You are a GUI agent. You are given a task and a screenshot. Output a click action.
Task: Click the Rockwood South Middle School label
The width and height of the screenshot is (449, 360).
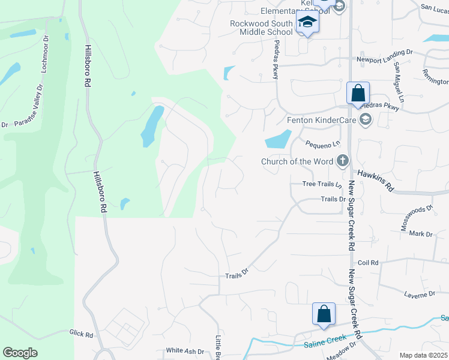[x=262, y=28]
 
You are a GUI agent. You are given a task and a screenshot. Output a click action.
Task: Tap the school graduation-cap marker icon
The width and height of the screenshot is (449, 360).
[x=307, y=23]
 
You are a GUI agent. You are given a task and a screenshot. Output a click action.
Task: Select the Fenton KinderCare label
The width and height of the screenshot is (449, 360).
[x=321, y=120]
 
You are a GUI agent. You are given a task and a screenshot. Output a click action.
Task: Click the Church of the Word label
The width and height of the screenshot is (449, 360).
[x=297, y=161]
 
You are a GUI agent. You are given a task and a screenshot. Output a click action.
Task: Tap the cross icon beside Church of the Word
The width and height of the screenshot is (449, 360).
[x=342, y=160]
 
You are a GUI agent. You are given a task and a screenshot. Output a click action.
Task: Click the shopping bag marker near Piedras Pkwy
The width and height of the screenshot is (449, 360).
[x=358, y=94]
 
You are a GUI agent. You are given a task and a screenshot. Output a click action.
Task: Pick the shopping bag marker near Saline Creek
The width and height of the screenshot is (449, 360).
[x=324, y=314]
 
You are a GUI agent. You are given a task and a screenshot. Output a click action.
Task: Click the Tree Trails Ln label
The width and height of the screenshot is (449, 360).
[x=322, y=184]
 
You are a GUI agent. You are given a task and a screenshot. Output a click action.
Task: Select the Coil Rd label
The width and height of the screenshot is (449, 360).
[x=368, y=263]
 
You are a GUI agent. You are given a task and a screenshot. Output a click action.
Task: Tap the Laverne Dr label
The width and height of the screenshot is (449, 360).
[x=420, y=294]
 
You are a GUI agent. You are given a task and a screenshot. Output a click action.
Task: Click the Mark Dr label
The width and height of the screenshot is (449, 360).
[x=421, y=234]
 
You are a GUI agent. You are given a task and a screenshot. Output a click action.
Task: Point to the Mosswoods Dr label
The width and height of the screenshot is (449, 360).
[x=417, y=218]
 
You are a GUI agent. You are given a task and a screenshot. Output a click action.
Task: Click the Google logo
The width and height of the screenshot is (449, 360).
[x=20, y=353]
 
